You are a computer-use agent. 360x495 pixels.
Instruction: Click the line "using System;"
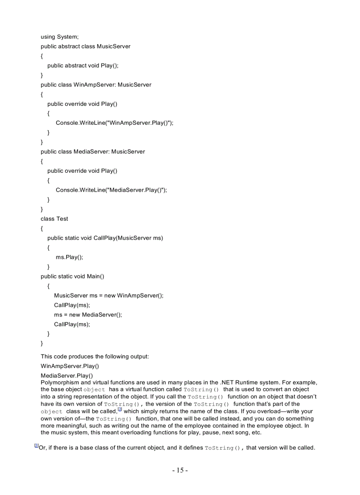60,37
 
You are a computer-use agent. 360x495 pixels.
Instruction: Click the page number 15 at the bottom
180,470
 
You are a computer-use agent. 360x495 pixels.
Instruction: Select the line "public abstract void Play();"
83,65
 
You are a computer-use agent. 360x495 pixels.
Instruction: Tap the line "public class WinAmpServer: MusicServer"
96,85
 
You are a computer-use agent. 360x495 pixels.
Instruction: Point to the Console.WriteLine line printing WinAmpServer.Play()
114,123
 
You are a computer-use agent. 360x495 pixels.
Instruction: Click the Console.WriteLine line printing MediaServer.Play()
111,190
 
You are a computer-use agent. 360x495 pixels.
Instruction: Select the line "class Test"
54,219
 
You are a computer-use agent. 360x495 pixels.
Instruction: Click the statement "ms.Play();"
69,257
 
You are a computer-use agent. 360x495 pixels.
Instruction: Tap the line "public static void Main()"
72,276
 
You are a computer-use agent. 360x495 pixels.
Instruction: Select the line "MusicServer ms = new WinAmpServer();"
109,295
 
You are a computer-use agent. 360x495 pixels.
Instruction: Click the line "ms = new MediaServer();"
88,315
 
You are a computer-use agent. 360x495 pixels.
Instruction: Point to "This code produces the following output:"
95,356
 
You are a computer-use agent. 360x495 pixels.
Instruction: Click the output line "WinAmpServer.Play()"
70,366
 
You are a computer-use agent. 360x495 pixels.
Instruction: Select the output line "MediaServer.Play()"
67,376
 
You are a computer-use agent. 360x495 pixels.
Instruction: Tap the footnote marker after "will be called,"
119,410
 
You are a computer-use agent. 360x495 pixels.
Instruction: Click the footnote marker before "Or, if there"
36,446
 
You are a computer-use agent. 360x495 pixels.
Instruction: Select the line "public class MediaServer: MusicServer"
93,152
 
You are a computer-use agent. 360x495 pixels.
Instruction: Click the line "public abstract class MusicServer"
86,46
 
